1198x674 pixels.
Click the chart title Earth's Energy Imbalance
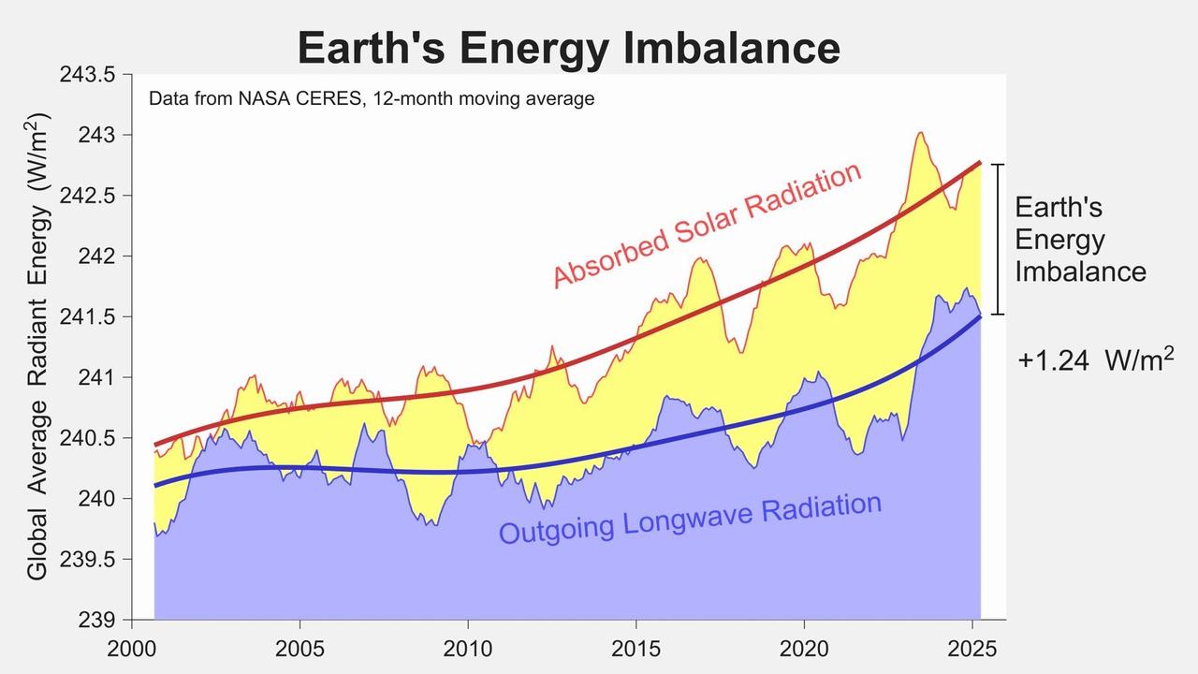coord(568,48)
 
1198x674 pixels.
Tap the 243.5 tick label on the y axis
coord(88,75)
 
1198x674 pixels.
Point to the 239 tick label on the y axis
coord(96,621)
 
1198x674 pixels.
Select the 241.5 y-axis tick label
coord(88,317)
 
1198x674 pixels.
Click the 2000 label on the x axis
coord(132,650)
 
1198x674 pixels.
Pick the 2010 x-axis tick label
coord(468,650)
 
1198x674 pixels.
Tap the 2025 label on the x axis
coord(972,650)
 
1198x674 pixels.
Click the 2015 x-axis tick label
coord(636,650)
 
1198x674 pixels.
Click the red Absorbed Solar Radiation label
coord(707,225)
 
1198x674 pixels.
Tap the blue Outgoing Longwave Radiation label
coord(691,519)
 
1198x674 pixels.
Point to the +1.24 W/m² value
coord(1096,359)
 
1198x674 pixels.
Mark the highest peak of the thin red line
coord(920,133)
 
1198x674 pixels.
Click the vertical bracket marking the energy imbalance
coord(998,240)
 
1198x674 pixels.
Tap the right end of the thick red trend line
coord(980,163)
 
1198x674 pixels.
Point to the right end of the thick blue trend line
coord(980,316)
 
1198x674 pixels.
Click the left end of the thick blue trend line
coord(155,486)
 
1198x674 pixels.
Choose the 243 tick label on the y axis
coord(96,136)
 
